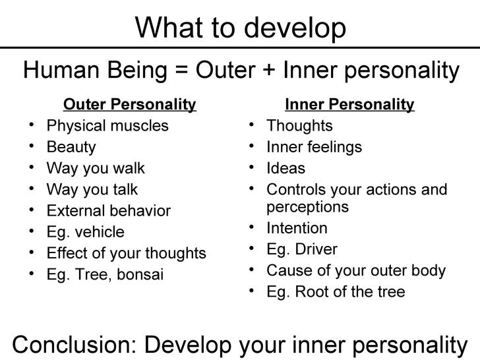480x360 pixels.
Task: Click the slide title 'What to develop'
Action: click(x=241, y=27)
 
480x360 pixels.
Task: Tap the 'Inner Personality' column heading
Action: click(x=349, y=104)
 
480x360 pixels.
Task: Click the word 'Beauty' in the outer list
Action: click(x=71, y=147)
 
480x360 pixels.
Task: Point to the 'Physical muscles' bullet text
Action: click(x=107, y=125)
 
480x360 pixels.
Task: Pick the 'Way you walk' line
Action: click(x=96, y=168)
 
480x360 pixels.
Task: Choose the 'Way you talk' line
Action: click(x=92, y=189)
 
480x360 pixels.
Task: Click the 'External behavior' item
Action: click(x=109, y=211)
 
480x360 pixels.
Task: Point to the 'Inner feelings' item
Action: click(x=314, y=147)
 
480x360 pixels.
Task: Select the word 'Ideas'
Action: click(x=285, y=168)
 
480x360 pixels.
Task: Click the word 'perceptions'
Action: click(x=307, y=206)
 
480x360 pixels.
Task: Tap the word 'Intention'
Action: click(x=297, y=228)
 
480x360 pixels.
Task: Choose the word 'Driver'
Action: click(x=316, y=249)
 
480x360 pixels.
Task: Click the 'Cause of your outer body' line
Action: click(x=356, y=270)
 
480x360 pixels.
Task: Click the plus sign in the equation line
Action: click(x=267, y=69)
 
